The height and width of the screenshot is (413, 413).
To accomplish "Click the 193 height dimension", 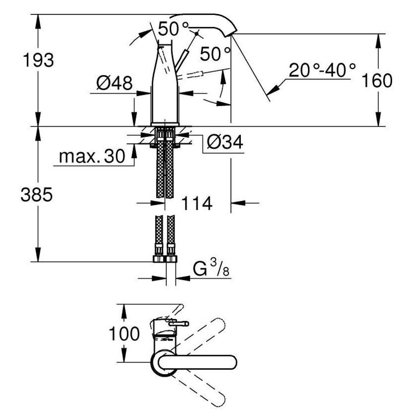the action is point(38,60).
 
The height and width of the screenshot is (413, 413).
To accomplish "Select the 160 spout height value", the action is point(377,80).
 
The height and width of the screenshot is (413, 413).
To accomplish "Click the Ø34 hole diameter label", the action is point(225,142).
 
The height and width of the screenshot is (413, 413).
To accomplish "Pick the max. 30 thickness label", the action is point(92,156).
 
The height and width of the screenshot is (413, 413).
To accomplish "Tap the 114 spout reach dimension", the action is point(197,203).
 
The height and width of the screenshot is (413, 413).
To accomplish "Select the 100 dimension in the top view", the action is point(124,333).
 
